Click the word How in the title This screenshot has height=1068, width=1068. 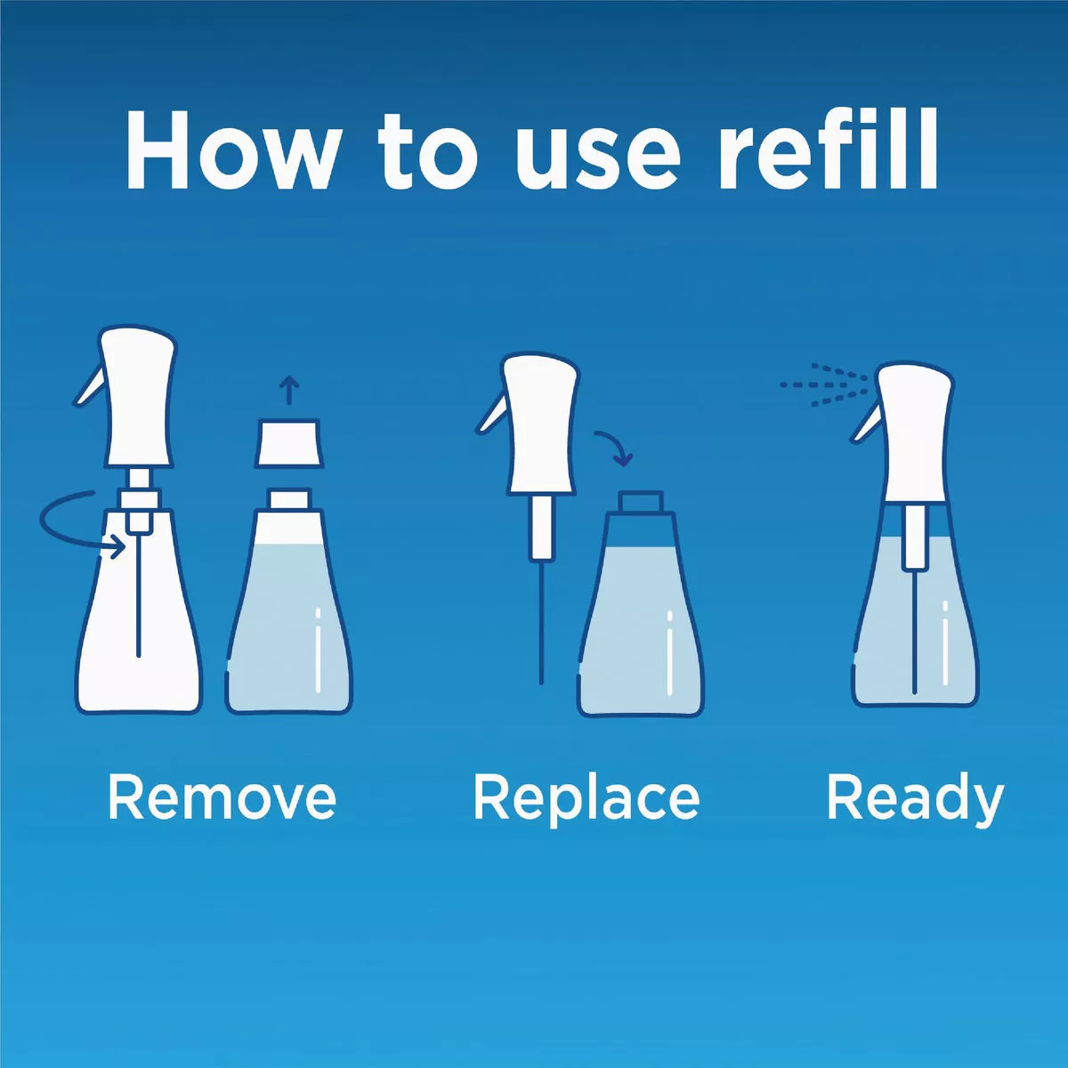(231, 150)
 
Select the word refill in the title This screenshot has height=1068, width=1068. (828, 149)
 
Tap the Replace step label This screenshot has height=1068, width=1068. (587, 803)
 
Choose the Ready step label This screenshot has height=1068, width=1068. (915, 803)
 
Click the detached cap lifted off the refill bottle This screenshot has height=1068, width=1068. (288, 443)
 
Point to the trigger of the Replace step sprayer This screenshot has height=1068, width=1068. (491, 413)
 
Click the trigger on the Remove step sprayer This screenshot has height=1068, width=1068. (89, 387)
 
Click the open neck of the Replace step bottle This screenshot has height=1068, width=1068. (641, 502)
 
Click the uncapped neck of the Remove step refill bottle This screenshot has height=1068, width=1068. (289, 498)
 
